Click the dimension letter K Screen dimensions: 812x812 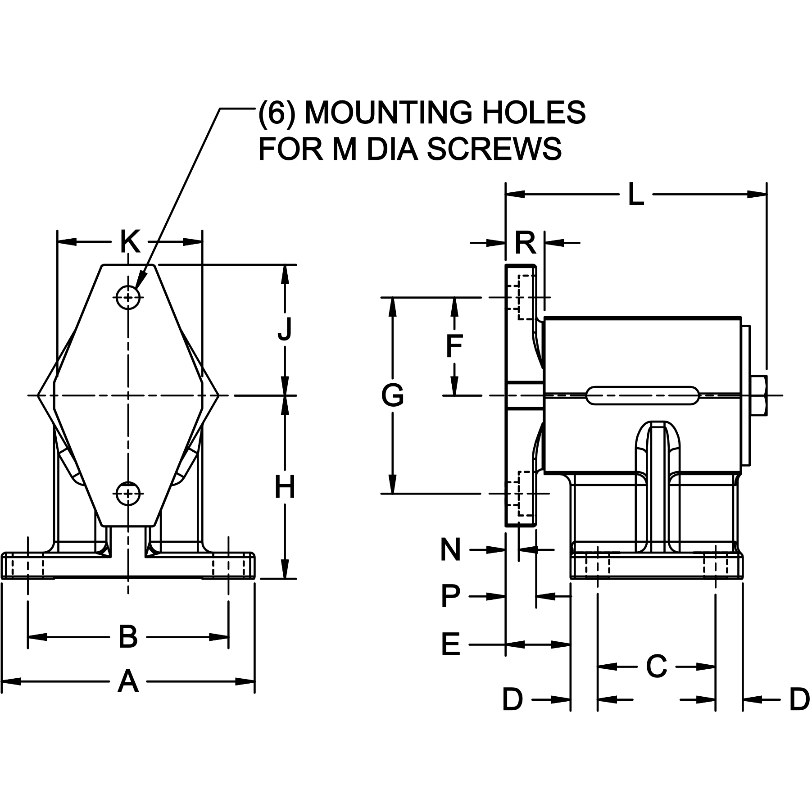130,242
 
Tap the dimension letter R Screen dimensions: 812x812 525,243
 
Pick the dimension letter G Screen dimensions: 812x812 392,396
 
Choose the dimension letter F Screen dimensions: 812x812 454,346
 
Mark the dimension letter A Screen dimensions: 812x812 128,681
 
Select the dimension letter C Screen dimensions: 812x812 656,666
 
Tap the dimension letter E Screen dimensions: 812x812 450,644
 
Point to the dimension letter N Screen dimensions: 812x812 450,549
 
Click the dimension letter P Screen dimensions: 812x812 450,597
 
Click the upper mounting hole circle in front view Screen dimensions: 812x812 129,297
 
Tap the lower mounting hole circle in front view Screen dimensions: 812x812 129,494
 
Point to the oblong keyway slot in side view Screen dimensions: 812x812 643,395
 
